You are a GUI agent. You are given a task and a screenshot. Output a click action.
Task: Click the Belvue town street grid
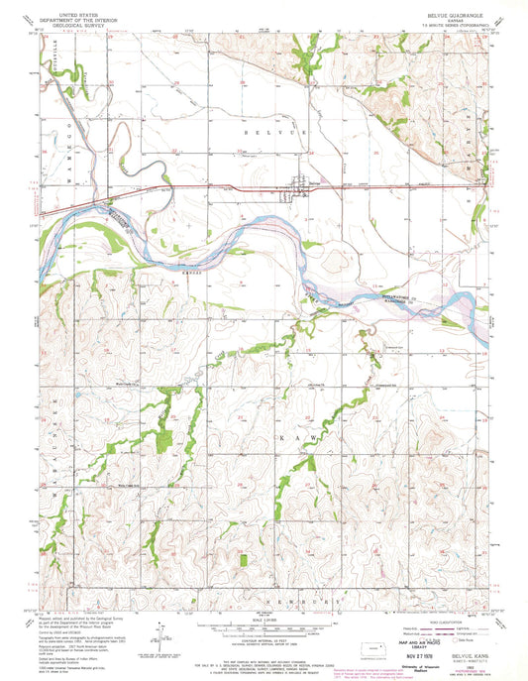[x=297, y=186]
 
